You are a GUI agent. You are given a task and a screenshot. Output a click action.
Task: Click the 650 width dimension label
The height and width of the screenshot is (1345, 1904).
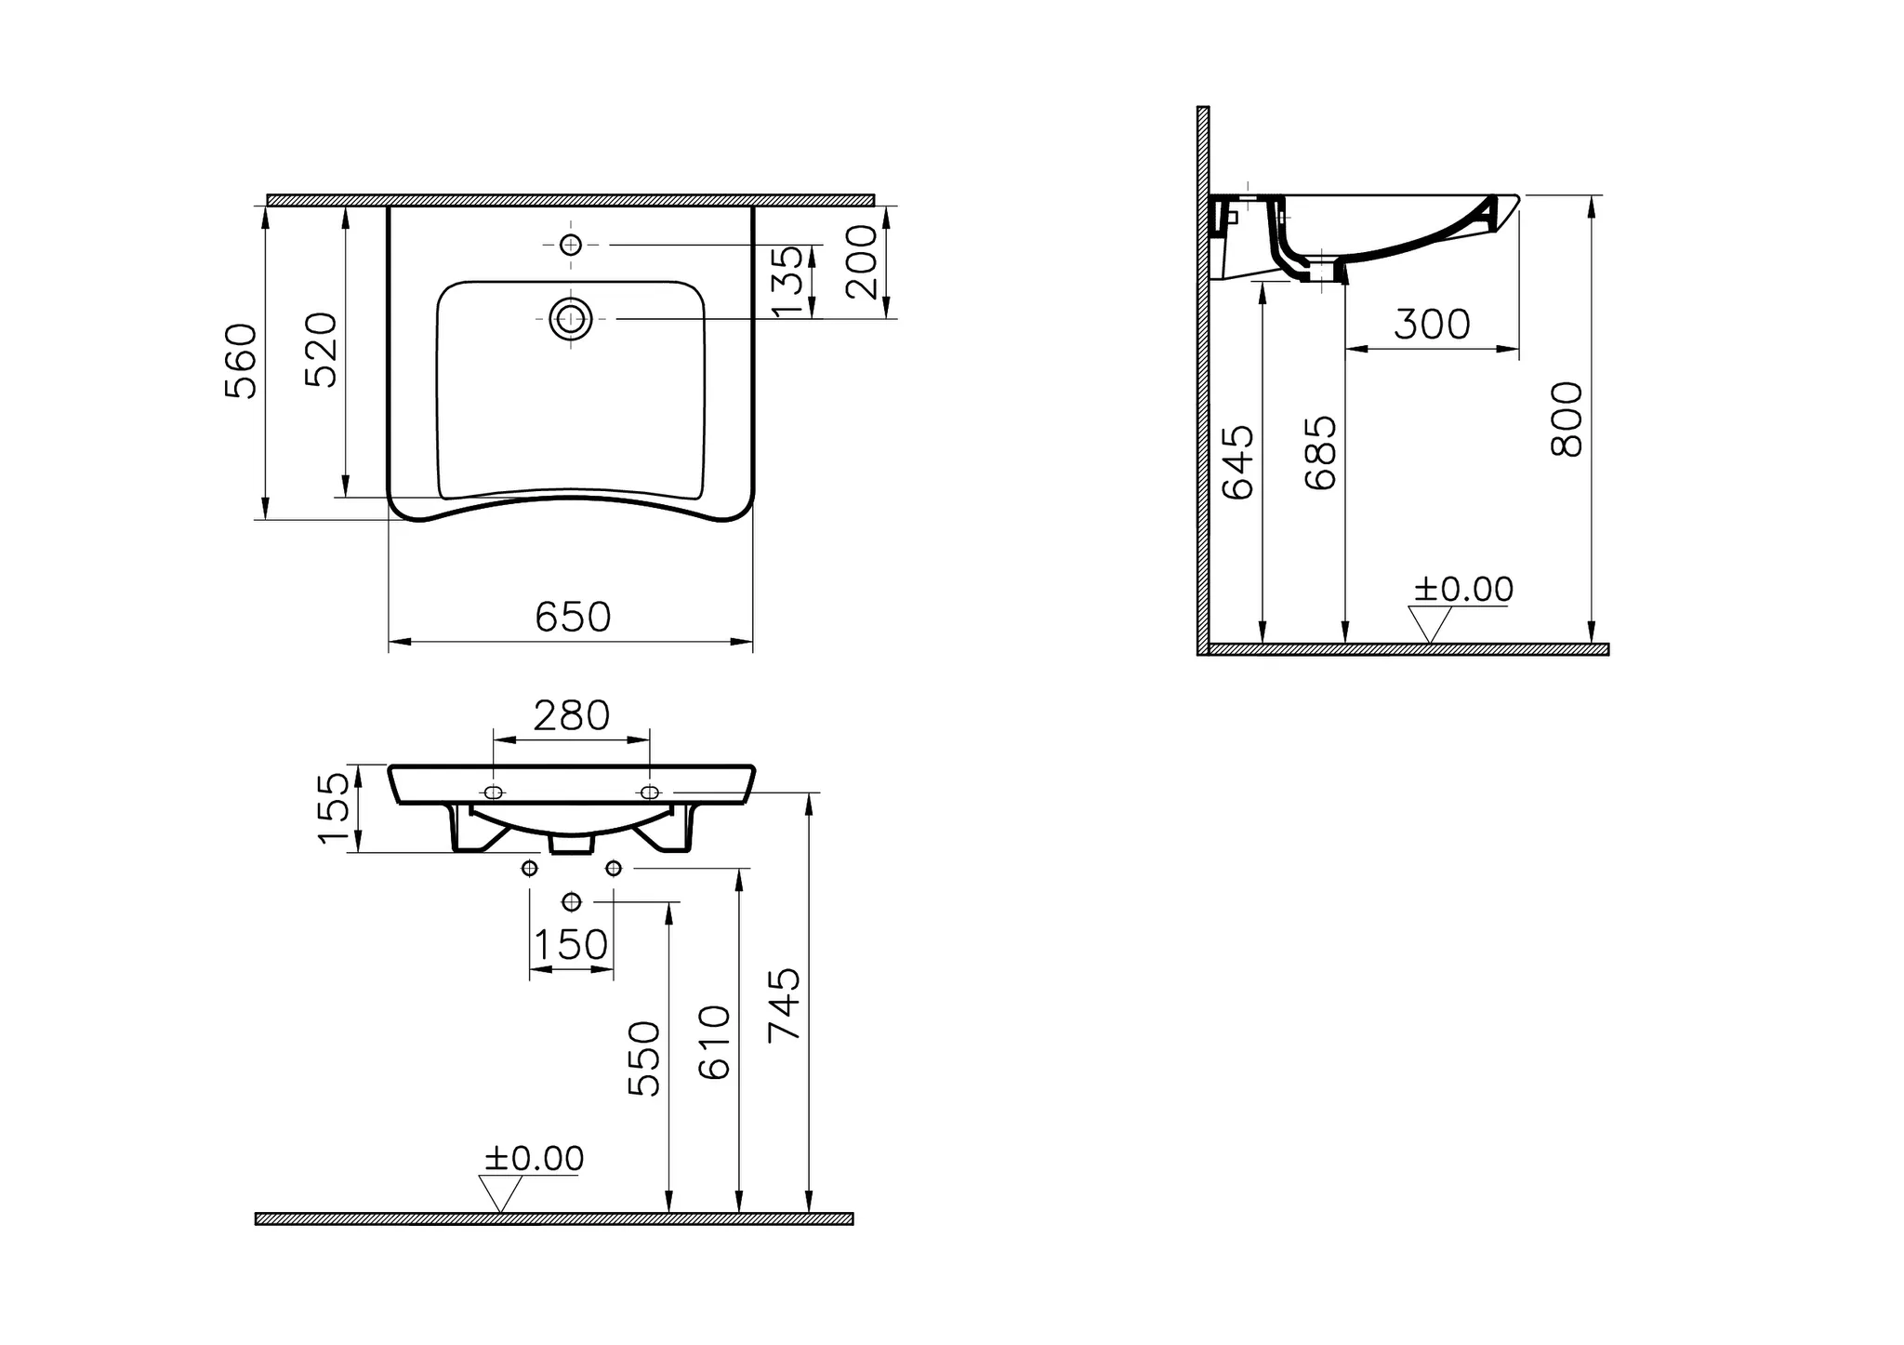click(573, 618)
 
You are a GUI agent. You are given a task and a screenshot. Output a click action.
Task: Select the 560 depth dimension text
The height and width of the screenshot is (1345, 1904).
click(242, 361)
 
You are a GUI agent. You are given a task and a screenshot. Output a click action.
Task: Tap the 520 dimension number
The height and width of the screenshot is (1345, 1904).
click(323, 350)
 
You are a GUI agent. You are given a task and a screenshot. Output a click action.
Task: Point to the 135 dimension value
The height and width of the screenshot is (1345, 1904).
click(787, 282)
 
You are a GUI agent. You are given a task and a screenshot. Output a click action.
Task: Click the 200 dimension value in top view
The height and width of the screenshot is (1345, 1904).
click(863, 262)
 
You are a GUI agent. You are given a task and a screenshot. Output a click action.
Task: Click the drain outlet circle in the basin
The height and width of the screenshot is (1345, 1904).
click(571, 319)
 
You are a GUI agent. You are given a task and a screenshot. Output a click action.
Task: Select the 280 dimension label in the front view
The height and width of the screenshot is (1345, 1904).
click(571, 716)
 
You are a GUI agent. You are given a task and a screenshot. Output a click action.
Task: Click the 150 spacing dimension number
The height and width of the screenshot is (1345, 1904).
click(571, 945)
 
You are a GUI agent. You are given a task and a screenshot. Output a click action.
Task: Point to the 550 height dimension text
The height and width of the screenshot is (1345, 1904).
click(644, 1059)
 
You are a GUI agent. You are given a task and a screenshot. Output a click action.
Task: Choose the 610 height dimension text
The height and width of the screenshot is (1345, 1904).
click(715, 1042)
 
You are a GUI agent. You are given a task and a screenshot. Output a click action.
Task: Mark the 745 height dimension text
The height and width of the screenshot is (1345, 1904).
click(785, 1005)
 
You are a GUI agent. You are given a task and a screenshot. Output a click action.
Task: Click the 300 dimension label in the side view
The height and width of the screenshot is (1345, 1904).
click(1432, 325)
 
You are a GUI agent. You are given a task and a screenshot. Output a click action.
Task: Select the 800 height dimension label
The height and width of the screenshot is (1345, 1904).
click(1567, 419)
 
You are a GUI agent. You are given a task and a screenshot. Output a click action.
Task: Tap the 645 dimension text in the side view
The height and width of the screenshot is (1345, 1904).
click(1238, 463)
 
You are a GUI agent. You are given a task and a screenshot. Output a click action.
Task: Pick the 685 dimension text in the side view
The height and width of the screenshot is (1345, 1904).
click(1321, 453)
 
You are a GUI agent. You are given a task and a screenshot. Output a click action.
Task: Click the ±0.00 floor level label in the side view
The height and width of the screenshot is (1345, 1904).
click(1463, 590)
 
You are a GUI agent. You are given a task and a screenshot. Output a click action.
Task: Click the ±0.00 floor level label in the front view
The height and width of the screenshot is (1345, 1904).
click(534, 1159)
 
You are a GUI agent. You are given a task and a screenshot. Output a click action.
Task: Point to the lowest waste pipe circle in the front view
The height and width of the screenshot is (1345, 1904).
click(572, 901)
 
